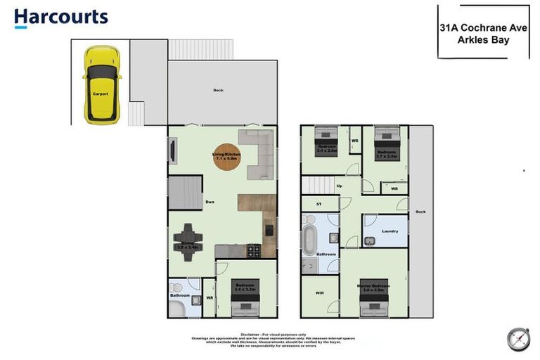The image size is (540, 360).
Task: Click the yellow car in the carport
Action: (101, 84)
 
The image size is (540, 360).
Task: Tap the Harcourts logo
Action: (61, 18)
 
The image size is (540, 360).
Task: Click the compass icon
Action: (517, 339)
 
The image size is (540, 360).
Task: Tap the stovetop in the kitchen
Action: (252, 250)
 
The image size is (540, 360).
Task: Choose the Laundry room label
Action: (390, 231)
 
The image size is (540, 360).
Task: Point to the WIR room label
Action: (319, 294)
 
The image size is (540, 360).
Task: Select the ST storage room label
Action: (319, 204)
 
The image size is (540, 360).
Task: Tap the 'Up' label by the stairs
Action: (340, 186)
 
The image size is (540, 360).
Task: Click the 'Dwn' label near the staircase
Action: (210, 202)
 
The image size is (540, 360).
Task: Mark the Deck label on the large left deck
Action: (218, 90)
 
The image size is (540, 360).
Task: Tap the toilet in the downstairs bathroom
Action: (176, 288)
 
